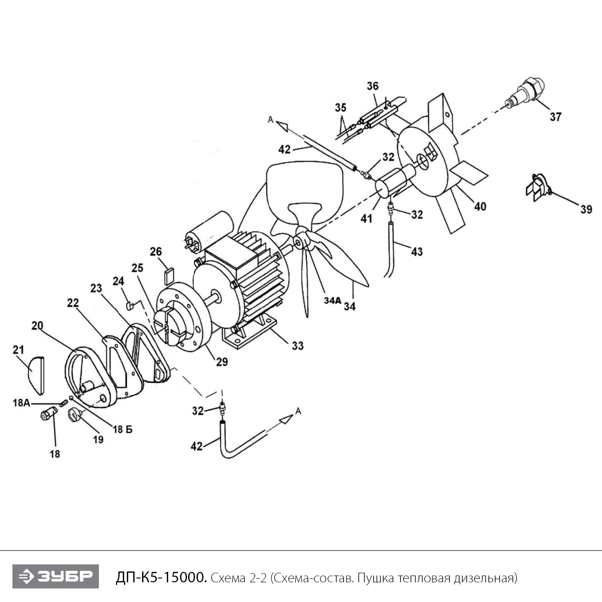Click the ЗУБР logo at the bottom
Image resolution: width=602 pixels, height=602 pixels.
[55, 576]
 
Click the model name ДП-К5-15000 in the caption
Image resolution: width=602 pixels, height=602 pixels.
[161, 578]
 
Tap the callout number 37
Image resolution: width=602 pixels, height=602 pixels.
[555, 117]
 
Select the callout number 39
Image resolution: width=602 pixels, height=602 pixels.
[586, 209]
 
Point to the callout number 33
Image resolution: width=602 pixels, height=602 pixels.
[297, 346]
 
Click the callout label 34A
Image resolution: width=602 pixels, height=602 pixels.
[332, 301]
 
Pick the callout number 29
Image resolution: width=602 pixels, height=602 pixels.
[222, 362]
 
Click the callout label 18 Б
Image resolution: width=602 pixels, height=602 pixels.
[122, 429]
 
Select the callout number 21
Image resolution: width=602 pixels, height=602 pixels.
[18, 350]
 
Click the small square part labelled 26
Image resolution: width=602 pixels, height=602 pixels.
[169, 276]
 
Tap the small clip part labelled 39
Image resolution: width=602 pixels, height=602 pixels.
[537, 188]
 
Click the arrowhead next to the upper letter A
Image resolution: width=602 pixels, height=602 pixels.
[283, 126]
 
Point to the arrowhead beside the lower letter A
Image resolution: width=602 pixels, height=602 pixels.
[286, 419]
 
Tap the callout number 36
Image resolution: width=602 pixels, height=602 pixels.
[372, 86]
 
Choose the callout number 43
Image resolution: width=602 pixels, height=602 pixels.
[417, 252]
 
